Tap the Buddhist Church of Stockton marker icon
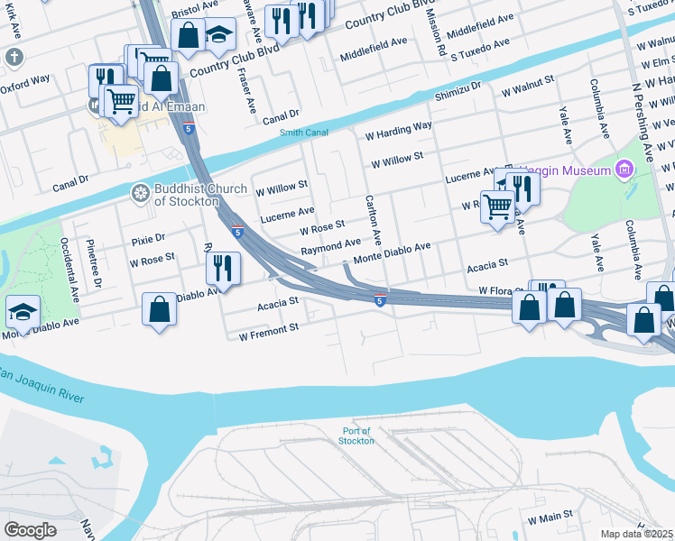(140, 192)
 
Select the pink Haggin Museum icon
(623, 170)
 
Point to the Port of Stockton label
(356, 436)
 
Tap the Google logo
(31, 529)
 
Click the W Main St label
(550, 520)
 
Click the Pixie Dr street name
(148, 239)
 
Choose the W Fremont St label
(268, 331)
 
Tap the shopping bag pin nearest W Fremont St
(159, 309)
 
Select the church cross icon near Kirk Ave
(14, 57)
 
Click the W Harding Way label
(398, 131)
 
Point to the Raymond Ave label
(330, 246)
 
